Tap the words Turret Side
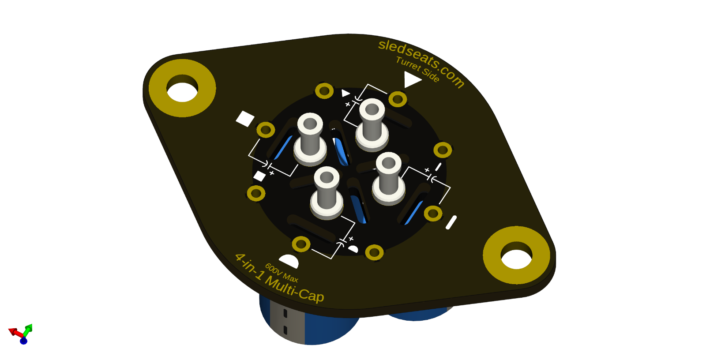(417, 69)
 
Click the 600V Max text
(282, 273)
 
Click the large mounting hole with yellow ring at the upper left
(182, 88)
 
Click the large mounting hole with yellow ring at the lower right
(516, 255)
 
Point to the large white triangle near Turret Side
(411, 79)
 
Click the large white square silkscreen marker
(245, 118)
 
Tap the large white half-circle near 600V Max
(290, 261)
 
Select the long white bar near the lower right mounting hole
(451, 222)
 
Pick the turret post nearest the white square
(310, 137)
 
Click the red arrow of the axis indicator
(14, 332)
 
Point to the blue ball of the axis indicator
(23, 341)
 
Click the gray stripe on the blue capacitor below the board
(287, 322)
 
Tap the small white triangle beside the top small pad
(345, 93)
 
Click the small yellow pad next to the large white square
(266, 130)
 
